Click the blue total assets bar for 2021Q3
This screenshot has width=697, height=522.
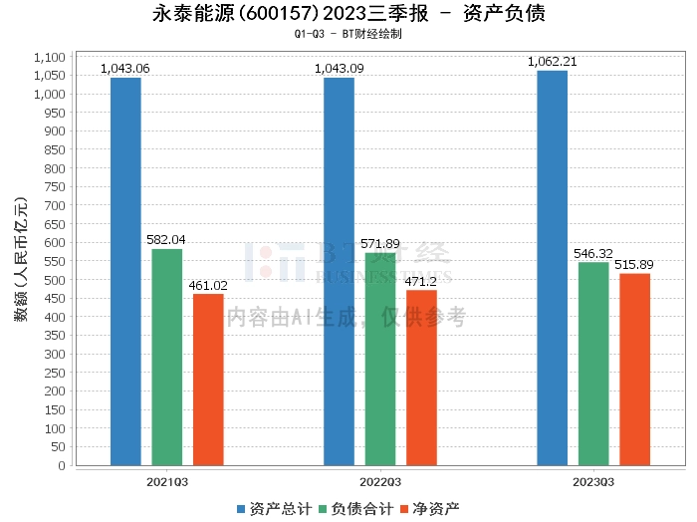click(x=125, y=272)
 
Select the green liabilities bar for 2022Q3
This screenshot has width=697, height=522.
click(x=380, y=360)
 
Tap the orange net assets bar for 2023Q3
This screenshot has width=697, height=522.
click(x=635, y=370)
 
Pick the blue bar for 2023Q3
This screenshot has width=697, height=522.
click(x=552, y=268)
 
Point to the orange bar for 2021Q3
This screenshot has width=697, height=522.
click(x=208, y=380)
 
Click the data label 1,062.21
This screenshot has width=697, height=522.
click(x=552, y=62)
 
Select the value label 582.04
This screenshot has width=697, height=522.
click(x=166, y=240)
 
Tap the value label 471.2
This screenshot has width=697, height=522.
click(x=420, y=282)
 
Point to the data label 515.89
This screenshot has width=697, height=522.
click(x=634, y=265)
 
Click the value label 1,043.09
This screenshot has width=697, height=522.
click(x=340, y=69)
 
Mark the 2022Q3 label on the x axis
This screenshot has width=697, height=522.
click(x=380, y=482)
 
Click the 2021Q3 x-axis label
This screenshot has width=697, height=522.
click(x=167, y=482)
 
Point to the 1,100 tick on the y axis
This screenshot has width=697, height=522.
click(x=50, y=57)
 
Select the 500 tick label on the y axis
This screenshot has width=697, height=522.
click(x=55, y=280)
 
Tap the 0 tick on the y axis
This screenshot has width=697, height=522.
click(x=62, y=465)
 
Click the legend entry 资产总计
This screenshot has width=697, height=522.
click(x=274, y=509)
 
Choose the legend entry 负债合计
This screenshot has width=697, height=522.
click(x=356, y=509)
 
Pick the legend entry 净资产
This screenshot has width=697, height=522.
click(x=429, y=509)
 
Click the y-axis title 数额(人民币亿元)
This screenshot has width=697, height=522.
click(x=21, y=259)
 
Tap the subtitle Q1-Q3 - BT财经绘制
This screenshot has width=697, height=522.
click(x=348, y=34)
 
